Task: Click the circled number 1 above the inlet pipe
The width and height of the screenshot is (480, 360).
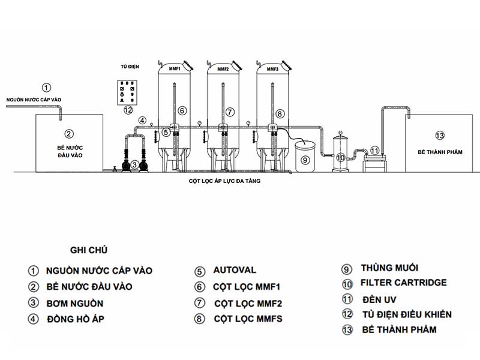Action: tap(48, 87)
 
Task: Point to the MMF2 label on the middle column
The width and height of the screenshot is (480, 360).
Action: tap(223, 70)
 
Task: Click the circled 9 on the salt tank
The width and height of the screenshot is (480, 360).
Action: tap(305, 160)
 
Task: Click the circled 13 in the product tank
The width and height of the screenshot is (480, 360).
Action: tap(440, 135)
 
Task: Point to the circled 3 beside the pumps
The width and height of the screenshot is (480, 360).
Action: tap(135, 164)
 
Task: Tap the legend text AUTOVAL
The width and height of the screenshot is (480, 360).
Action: tap(234, 270)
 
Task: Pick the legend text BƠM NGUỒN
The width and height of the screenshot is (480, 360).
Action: tap(74, 303)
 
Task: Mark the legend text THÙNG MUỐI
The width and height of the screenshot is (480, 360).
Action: tap(389, 268)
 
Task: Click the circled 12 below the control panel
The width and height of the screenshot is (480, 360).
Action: tap(127, 110)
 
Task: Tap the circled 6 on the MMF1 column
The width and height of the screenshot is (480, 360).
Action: tap(182, 110)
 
